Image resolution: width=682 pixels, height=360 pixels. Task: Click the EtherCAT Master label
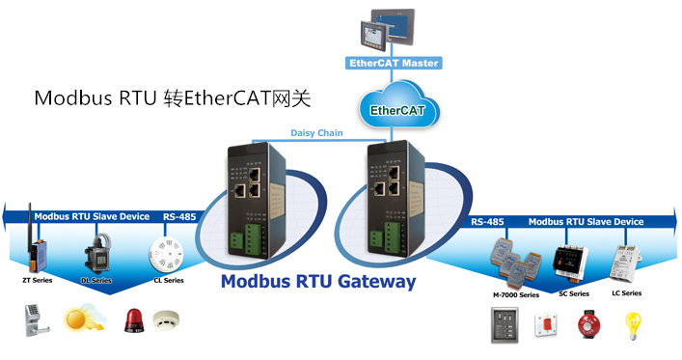pos(394,63)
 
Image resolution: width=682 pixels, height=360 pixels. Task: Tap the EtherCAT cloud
pos(398,105)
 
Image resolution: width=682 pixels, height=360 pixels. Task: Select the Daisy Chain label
pos(316,133)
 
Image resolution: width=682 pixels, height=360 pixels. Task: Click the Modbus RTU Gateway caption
pos(318,281)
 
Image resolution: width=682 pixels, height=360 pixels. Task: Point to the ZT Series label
pos(38,280)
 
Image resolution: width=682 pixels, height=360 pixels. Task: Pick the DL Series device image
pos(98,253)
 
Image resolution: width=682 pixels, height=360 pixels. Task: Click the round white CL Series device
pos(166,254)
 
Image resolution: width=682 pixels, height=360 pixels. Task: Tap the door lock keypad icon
pos(37,320)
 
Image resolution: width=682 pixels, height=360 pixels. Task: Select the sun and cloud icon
pos(84,317)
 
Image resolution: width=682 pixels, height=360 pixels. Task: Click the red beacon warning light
pos(133,320)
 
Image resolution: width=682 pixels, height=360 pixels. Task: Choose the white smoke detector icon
pos(166,320)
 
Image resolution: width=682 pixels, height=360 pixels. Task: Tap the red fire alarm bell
pos(589,324)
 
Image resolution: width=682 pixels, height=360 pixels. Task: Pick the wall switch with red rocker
pos(546,324)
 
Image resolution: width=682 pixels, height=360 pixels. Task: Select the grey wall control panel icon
pos(505,325)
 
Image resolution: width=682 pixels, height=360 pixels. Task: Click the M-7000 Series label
pos(516,295)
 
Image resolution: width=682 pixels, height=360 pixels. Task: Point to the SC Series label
pos(574,293)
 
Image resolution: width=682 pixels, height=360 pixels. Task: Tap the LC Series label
pos(626,293)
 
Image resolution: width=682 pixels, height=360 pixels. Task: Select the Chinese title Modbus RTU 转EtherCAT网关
pos(173,98)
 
